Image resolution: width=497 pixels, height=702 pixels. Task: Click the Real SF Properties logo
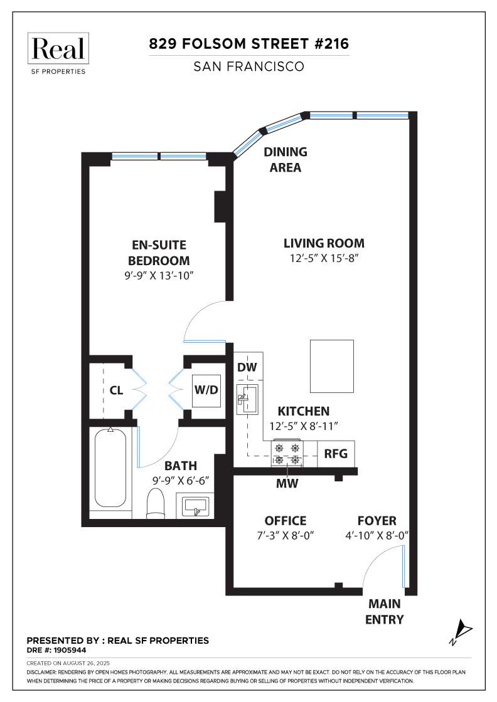(x=57, y=53)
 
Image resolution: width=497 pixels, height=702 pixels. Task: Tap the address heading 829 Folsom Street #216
(x=248, y=44)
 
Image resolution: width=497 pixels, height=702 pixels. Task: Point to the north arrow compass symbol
(x=461, y=632)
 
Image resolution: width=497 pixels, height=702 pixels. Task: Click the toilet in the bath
(x=156, y=503)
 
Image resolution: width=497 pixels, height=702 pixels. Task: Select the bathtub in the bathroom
(x=110, y=468)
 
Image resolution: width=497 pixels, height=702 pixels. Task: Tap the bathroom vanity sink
(x=195, y=505)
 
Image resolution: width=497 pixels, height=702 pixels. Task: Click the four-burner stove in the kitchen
(x=287, y=453)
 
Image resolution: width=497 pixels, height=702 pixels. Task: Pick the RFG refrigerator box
(x=336, y=454)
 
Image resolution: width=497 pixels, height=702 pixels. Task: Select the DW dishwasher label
(x=247, y=367)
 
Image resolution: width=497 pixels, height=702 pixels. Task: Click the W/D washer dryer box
(x=206, y=390)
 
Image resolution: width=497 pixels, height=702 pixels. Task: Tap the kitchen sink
(x=247, y=399)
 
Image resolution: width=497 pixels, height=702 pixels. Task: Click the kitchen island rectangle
(x=331, y=366)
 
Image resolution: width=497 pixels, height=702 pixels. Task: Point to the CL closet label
(x=117, y=390)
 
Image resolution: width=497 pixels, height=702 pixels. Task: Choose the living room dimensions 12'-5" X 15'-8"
(x=324, y=258)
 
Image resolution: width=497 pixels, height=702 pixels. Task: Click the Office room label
(x=286, y=521)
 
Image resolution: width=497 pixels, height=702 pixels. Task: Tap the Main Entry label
(x=385, y=612)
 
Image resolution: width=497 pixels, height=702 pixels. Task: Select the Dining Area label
(x=286, y=159)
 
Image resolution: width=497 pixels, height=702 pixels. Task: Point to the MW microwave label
(x=287, y=483)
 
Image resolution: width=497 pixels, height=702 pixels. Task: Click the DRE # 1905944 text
(x=56, y=649)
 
